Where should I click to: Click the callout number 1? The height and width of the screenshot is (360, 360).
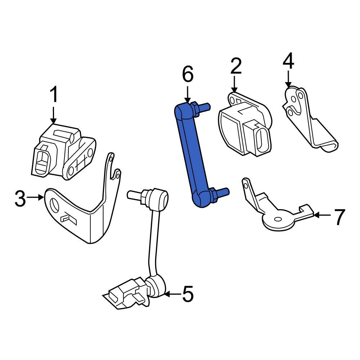54,96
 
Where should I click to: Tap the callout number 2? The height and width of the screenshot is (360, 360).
236,66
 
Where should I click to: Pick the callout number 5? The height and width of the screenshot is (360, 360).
188,294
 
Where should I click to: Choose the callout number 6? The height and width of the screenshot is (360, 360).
188,75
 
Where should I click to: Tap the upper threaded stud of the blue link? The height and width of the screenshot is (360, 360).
203,107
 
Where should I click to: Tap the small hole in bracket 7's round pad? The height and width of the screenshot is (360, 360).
278,219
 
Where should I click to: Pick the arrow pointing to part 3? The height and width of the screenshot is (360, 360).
36,197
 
